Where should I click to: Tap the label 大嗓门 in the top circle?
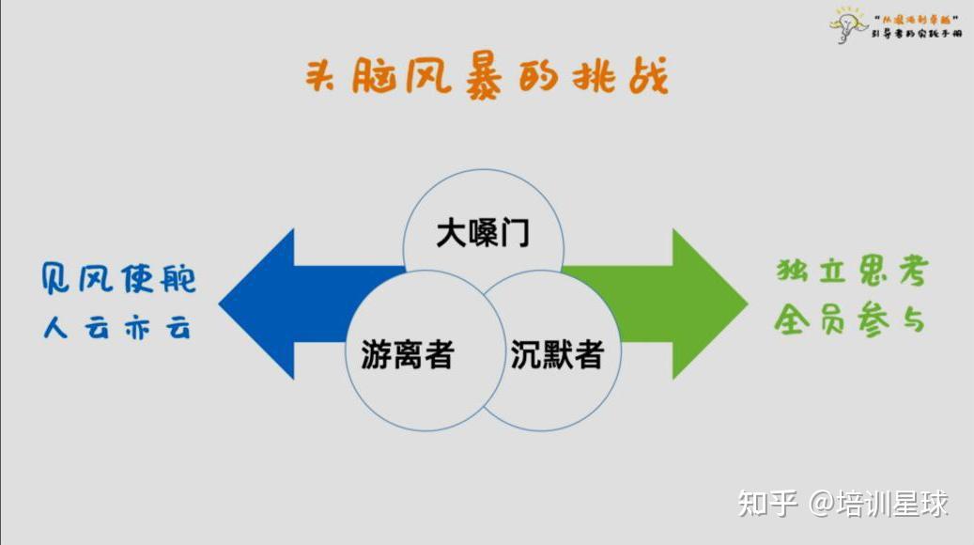pyautogui.click(x=483, y=233)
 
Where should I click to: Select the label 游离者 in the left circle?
pyautogui.click(x=408, y=354)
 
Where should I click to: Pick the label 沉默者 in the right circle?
pyautogui.click(x=557, y=354)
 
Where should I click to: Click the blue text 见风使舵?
pyautogui.click(x=118, y=279)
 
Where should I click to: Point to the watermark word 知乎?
pyautogui.click(x=767, y=504)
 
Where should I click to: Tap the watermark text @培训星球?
pyautogui.click(x=879, y=504)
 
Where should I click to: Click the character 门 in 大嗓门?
pyautogui.click(x=515, y=233)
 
